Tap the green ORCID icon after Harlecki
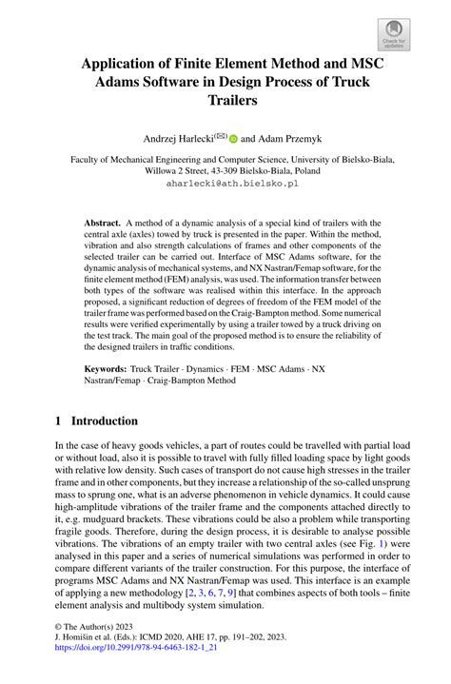233,137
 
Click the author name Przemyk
299,137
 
